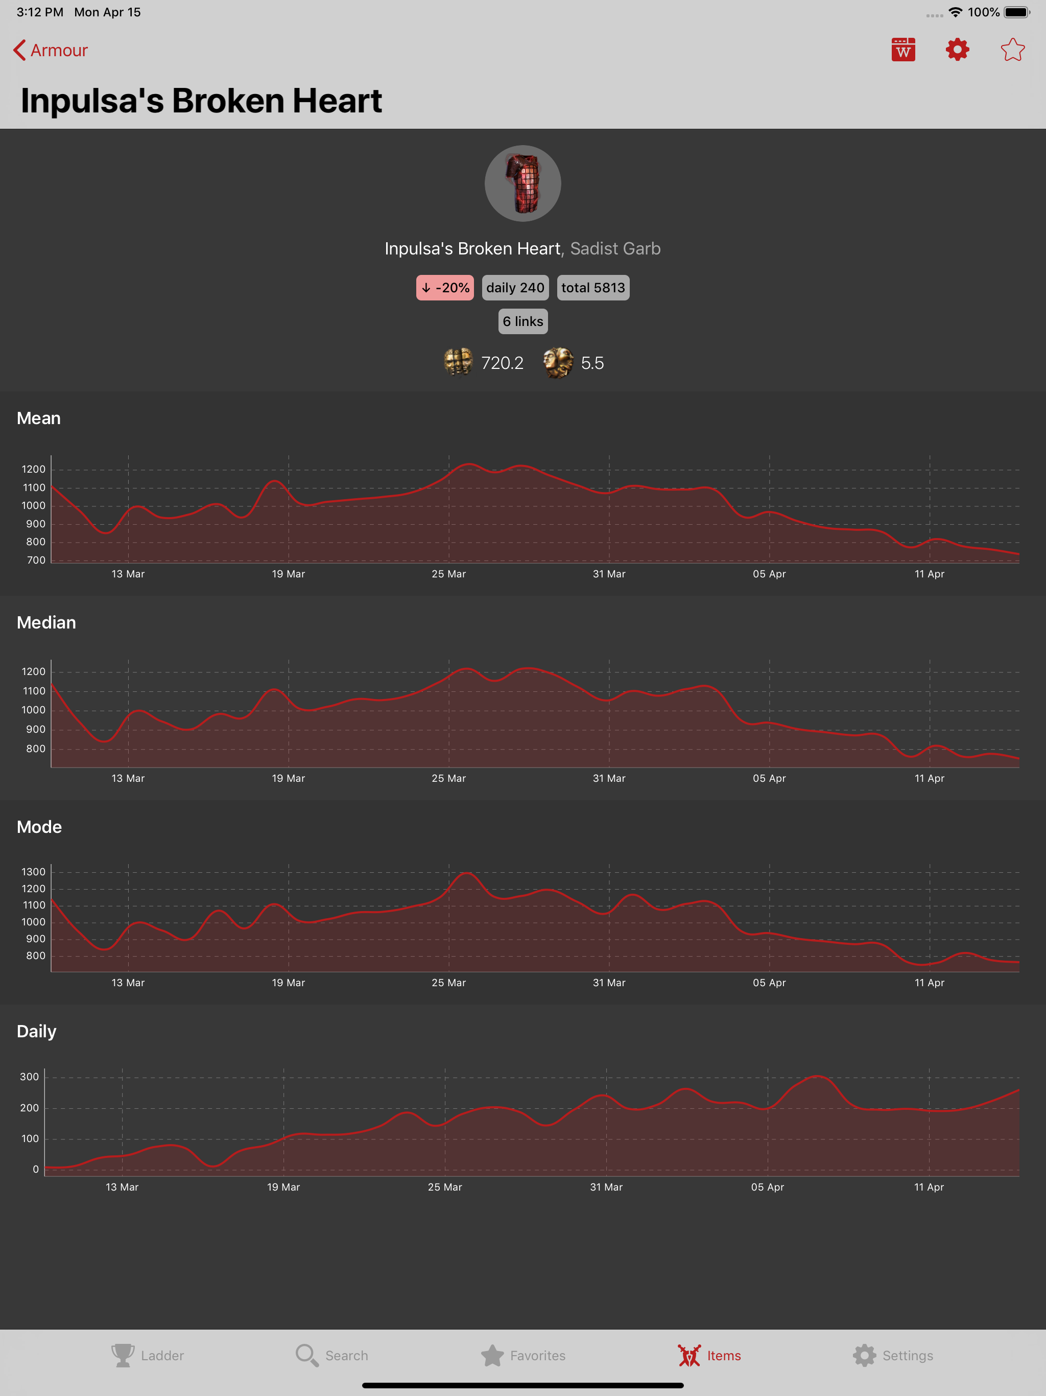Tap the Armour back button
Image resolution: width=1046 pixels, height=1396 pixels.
pos(51,50)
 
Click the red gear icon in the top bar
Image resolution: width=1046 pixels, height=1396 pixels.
pos(957,50)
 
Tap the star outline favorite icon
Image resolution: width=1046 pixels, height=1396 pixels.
pos(1013,50)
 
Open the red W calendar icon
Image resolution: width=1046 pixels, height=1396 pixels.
pos(904,50)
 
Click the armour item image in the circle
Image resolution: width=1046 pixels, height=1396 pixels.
pos(523,183)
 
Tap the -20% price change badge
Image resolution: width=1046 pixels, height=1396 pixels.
pos(445,288)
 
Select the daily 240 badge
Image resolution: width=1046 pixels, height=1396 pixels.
pos(515,288)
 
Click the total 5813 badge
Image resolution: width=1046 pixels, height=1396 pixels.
pos(593,288)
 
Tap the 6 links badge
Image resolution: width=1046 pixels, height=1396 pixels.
pos(523,321)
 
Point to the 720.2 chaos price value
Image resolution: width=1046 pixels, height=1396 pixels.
pos(502,363)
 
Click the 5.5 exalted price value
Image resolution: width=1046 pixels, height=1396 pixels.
pos(592,363)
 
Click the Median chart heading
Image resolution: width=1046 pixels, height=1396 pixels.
pos(46,622)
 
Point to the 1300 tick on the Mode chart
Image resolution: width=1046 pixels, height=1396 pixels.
pos(33,872)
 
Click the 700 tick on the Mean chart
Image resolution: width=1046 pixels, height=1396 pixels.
pos(36,560)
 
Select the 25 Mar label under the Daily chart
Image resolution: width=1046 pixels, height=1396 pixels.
pos(445,1187)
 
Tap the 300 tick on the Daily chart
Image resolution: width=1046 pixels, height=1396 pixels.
pos(29,1077)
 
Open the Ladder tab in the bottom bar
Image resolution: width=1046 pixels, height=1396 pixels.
pos(148,1355)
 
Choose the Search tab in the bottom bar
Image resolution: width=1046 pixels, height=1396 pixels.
pos(332,1355)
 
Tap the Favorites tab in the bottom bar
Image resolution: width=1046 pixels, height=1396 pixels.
pos(523,1355)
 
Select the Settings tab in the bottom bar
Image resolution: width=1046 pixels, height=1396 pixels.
pos(893,1355)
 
